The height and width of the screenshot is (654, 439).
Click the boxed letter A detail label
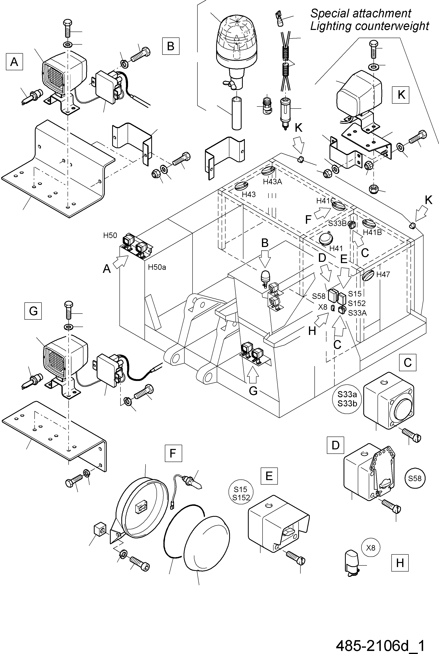14,62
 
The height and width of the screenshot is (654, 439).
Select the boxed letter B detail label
171,46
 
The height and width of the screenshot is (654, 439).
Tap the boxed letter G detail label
33,311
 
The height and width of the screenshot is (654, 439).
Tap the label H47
383,274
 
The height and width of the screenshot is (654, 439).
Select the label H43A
272,182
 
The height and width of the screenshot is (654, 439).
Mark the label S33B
337,224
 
